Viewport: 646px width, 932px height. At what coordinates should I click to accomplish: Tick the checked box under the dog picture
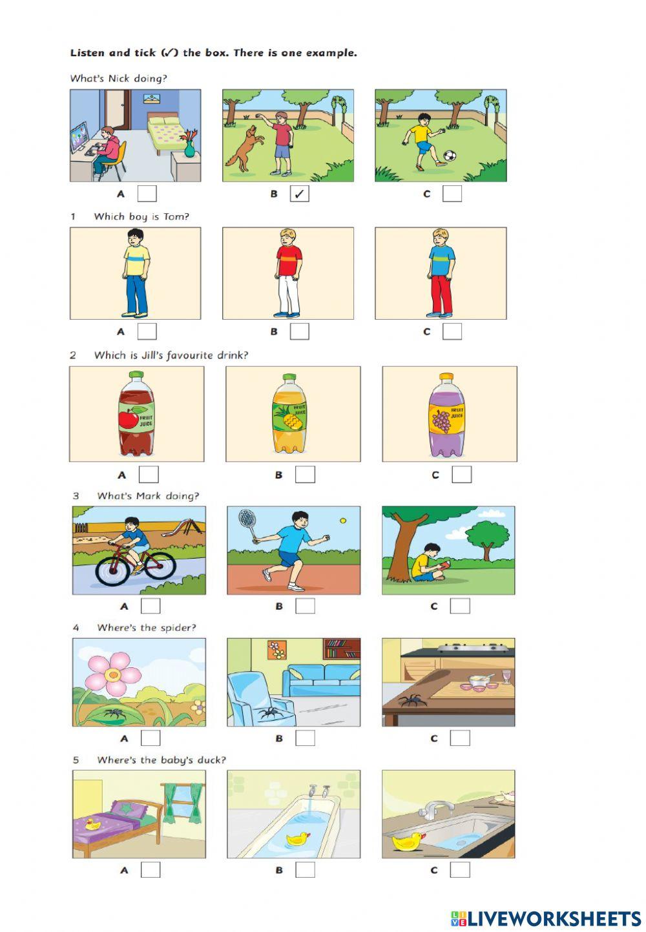[x=299, y=194]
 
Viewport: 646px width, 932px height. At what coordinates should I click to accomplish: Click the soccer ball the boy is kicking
[x=450, y=156]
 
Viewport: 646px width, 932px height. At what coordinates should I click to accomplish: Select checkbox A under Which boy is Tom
[x=147, y=331]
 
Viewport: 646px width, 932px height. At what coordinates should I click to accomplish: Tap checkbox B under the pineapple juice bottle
[x=305, y=475]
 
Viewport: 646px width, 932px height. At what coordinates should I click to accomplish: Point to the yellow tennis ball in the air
[x=343, y=520]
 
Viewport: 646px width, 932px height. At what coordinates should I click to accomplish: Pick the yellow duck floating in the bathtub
[x=297, y=839]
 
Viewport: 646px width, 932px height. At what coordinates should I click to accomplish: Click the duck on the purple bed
[x=93, y=823]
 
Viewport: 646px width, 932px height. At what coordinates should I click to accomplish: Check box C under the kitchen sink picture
[x=460, y=869]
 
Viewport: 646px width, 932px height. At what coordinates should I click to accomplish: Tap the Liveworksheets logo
[x=546, y=918]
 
